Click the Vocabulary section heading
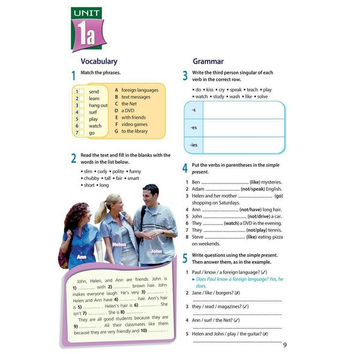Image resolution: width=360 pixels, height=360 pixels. coord(98,61)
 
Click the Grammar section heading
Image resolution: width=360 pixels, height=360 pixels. coord(208,61)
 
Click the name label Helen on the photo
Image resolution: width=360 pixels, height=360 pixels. coord(119,244)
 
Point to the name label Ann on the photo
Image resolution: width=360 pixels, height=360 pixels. coord(82,256)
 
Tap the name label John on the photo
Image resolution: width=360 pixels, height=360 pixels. coord(156,251)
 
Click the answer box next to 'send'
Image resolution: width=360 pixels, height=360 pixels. coord(77,92)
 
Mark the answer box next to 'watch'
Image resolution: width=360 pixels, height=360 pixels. coord(77,126)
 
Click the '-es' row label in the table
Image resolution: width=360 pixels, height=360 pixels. coord(193,128)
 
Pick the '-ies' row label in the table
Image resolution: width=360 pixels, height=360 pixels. coord(194,145)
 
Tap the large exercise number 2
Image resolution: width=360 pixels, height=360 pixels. coord(73,159)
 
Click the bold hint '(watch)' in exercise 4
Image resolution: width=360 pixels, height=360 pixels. coord(231,223)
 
